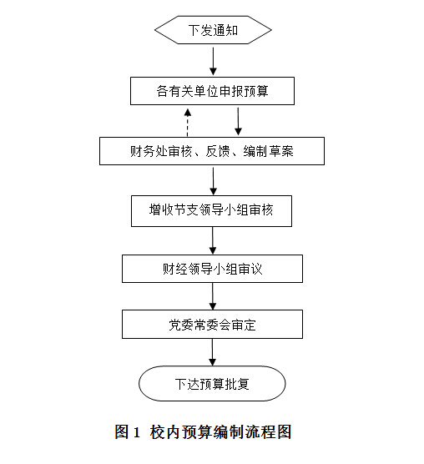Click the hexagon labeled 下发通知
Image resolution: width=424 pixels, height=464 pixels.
coord(213,30)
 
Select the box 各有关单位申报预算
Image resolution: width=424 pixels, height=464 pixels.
coord(212,91)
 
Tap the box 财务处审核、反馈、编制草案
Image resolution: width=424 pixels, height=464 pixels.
coord(212,151)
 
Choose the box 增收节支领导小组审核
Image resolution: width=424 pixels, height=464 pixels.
coord(211,211)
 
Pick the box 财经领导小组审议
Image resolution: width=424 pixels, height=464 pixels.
coord(212,269)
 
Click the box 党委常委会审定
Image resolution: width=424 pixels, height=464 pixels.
coord(212,325)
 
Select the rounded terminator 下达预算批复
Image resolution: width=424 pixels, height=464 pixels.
coord(212,384)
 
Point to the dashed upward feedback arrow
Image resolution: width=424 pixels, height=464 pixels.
coord(188,123)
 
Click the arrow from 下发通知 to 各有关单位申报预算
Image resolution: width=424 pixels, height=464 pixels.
coord(213,61)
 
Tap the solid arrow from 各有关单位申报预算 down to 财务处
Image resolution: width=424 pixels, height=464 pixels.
coord(238,121)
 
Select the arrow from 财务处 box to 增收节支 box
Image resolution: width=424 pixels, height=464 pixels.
coord(213,181)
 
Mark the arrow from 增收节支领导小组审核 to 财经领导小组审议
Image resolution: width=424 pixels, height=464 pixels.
coord(213,241)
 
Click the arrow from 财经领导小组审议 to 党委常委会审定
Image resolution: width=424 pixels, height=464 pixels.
coord(213,296)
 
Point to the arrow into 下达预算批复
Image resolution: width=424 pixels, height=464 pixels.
coord(213,352)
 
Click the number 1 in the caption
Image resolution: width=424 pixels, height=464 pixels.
coord(136,432)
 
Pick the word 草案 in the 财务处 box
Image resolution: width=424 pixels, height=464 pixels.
coord(281,151)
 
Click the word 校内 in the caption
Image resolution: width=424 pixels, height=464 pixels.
coord(164,432)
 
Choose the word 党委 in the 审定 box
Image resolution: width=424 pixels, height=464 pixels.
coord(181,325)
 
